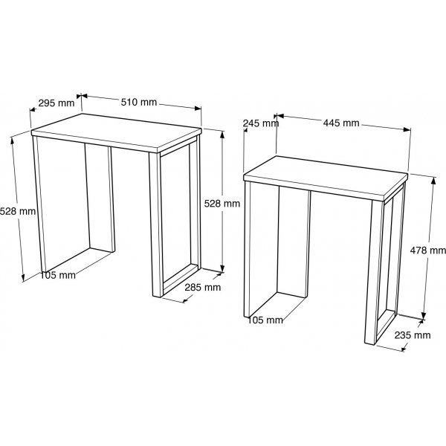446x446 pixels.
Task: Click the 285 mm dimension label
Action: tap(203, 287)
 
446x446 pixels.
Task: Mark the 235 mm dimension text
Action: tap(413, 335)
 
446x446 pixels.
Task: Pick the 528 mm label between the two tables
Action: tap(222, 202)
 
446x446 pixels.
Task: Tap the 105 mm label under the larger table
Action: tap(58, 275)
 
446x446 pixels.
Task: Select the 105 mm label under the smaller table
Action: tap(265, 320)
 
